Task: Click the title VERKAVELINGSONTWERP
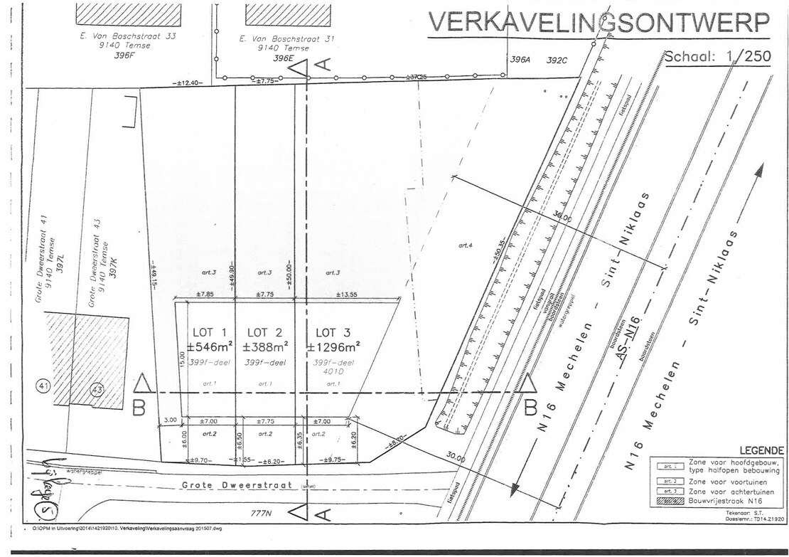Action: [x=599, y=23]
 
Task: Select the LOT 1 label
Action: [x=210, y=332]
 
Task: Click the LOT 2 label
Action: [x=264, y=332]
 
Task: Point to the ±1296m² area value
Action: [x=333, y=347]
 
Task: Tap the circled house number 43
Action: [x=97, y=390]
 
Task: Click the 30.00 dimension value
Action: [x=456, y=459]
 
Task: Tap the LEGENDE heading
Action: [x=761, y=450]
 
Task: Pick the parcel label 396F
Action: [x=124, y=56]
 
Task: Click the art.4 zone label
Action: [x=466, y=245]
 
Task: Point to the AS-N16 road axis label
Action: [x=627, y=339]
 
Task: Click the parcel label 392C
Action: [x=557, y=60]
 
